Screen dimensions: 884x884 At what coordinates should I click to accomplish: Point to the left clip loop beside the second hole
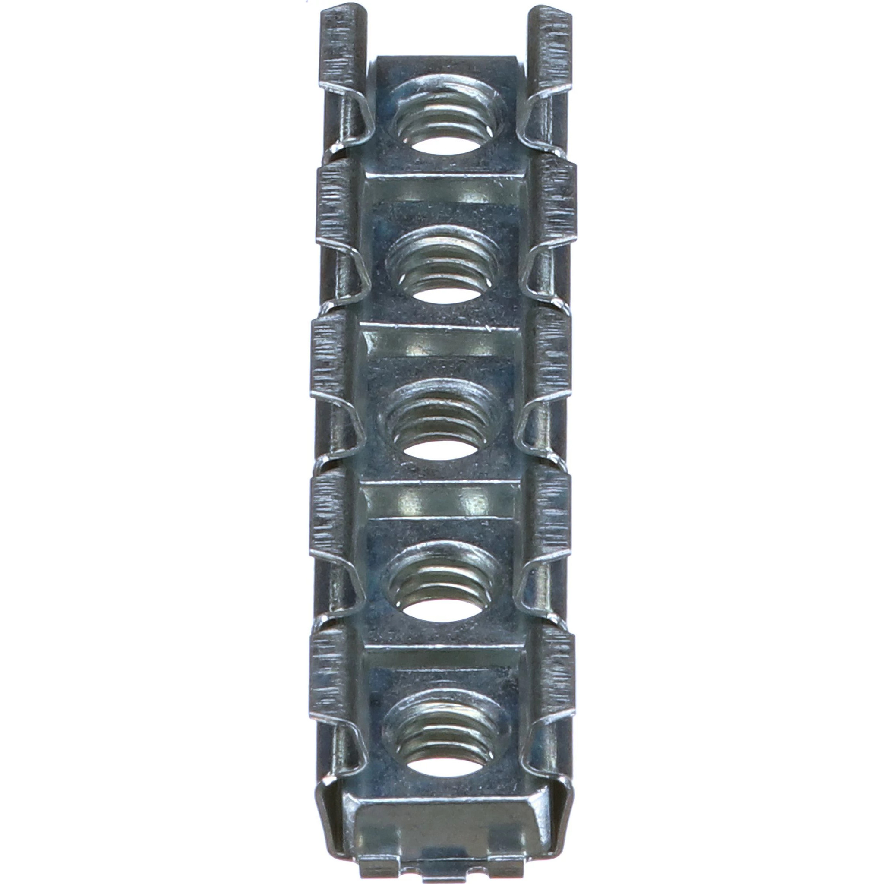pos(350,275)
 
